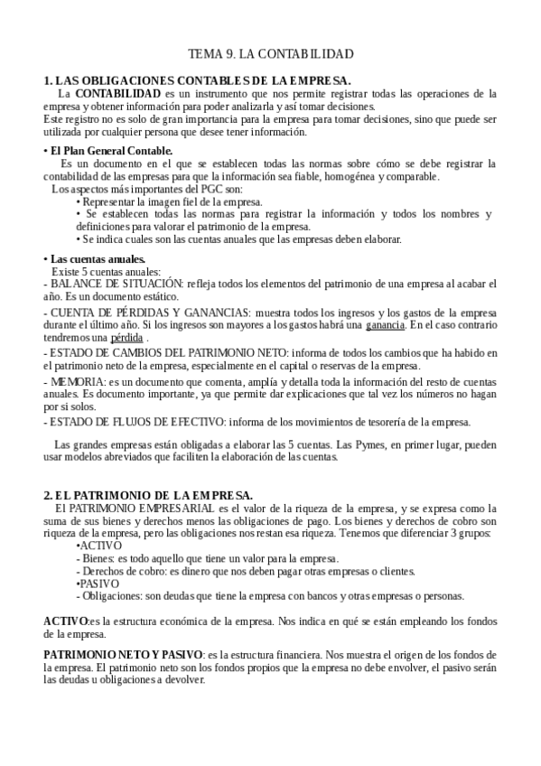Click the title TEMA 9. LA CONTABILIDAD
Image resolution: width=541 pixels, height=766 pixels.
(x=270, y=54)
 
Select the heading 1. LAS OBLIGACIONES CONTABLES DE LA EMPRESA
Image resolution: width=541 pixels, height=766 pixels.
(x=197, y=80)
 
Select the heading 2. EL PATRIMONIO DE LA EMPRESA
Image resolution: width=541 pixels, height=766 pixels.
(x=149, y=495)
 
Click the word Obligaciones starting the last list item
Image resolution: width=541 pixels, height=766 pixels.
(x=111, y=595)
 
